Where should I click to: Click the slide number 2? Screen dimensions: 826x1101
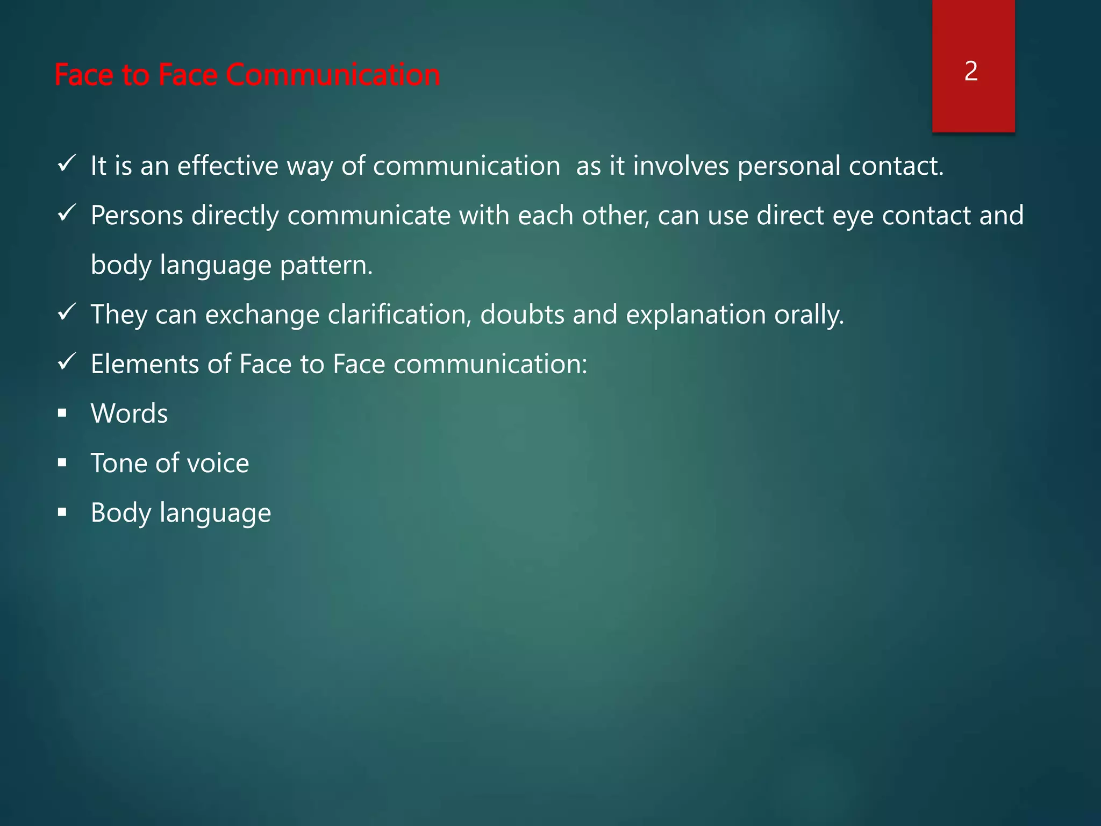pyautogui.click(x=971, y=71)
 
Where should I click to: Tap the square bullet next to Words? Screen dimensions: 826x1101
pyautogui.click(x=62, y=413)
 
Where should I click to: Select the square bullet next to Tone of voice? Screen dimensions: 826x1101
pyautogui.click(x=62, y=462)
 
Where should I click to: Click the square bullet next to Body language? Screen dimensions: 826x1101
pyautogui.click(x=62, y=512)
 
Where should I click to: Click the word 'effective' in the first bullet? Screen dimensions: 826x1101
pyautogui.click(x=227, y=165)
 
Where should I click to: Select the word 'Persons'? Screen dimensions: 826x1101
pyautogui.click(x=137, y=215)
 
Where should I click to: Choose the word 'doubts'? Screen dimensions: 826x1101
pyautogui.click(x=522, y=314)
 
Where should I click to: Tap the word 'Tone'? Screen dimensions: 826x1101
pyautogui.click(x=119, y=463)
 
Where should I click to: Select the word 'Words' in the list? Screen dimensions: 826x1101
pyautogui.click(x=129, y=414)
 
